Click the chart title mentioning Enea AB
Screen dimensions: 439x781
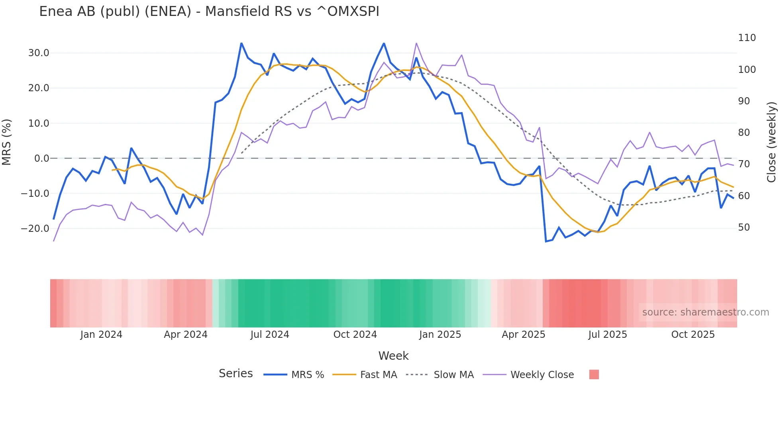(x=209, y=12)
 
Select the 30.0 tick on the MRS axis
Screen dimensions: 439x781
(x=39, y=53)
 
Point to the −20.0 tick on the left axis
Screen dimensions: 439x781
(x=35, y=229)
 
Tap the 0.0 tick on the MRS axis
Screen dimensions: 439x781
(x=41, y=159)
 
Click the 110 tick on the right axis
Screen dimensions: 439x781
(x=747, y=38)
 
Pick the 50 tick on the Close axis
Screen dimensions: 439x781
(x=744, y=227)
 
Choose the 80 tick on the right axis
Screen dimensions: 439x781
(x=744, y=133)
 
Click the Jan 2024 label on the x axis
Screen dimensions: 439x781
(x=101, y=335)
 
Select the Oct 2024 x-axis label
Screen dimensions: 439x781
(x=355, y=335)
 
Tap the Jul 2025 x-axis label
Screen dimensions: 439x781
(x=608, y=335)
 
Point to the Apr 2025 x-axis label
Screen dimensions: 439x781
(x=523, y=335)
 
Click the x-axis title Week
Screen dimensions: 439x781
(x=393, y=356)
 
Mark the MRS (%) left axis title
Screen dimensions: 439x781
(x=7, y=142)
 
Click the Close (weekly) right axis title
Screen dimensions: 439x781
(x=772, y=142)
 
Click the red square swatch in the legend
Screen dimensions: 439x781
(x=594, y=374)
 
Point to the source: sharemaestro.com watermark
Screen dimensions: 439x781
(x=705, y=312)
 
